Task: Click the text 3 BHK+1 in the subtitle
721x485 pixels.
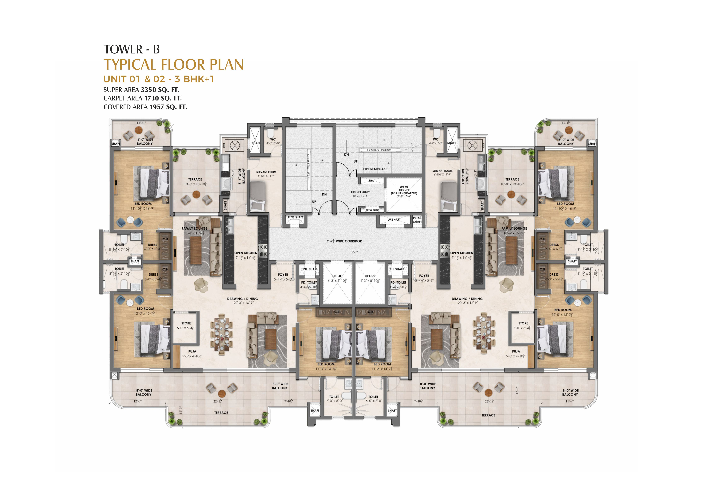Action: click(x=194, y=79)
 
